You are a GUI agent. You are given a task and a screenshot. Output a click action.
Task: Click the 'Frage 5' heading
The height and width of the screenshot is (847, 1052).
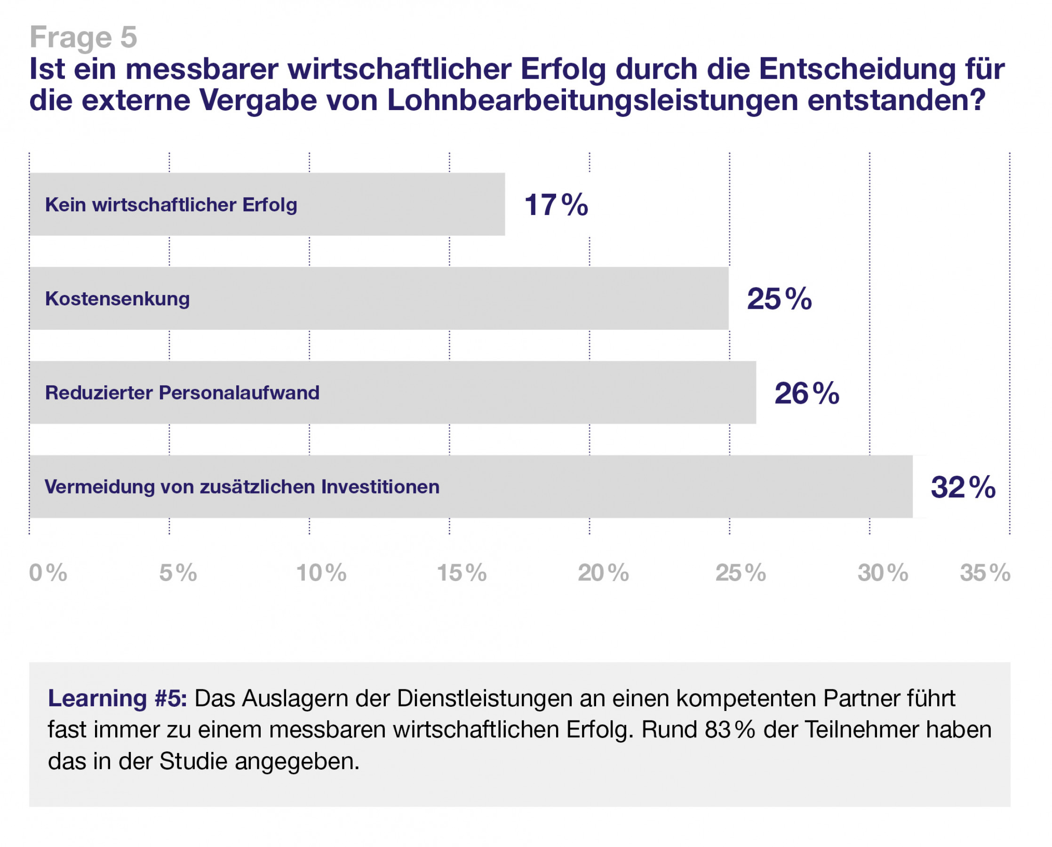(83, 37)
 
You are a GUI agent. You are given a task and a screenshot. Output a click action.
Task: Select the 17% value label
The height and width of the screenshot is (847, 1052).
(556, 204)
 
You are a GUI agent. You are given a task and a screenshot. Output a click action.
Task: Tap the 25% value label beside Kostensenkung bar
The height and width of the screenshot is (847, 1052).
(779, 299)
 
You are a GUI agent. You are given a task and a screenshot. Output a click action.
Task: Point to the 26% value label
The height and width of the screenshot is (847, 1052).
(806, 393)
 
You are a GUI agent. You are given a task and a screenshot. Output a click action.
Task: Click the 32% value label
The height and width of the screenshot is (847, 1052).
(963, 487)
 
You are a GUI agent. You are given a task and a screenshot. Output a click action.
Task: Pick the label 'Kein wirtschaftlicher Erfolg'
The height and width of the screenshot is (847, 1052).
(171, 205)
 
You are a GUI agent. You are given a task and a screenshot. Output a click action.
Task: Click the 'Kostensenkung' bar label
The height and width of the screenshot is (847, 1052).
(117, 299)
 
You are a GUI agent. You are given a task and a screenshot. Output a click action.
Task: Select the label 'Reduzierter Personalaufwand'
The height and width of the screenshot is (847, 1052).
(182, 393)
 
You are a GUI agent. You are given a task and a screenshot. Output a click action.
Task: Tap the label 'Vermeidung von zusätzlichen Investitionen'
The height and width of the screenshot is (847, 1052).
(242, 487)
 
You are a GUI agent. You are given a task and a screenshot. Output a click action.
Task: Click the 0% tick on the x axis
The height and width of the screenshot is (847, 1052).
(48, 573)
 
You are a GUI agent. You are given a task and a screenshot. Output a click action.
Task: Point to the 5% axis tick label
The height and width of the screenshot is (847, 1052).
(178, 573)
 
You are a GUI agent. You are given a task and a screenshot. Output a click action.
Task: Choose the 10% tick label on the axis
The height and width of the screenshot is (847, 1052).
(321, 573)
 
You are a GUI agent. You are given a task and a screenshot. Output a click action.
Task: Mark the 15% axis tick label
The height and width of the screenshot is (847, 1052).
(462, 573)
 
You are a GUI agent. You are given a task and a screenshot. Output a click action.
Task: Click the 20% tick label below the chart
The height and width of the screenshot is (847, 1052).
(603, 573)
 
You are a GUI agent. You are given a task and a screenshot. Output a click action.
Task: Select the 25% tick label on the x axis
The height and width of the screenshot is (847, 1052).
(741, 573)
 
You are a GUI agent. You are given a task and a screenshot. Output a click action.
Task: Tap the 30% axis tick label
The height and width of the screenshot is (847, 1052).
(883, 573)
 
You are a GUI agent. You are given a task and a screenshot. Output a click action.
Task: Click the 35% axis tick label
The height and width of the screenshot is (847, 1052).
(985, 573)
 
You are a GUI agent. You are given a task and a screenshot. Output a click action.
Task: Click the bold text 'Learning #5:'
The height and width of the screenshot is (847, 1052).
(117, 698)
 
